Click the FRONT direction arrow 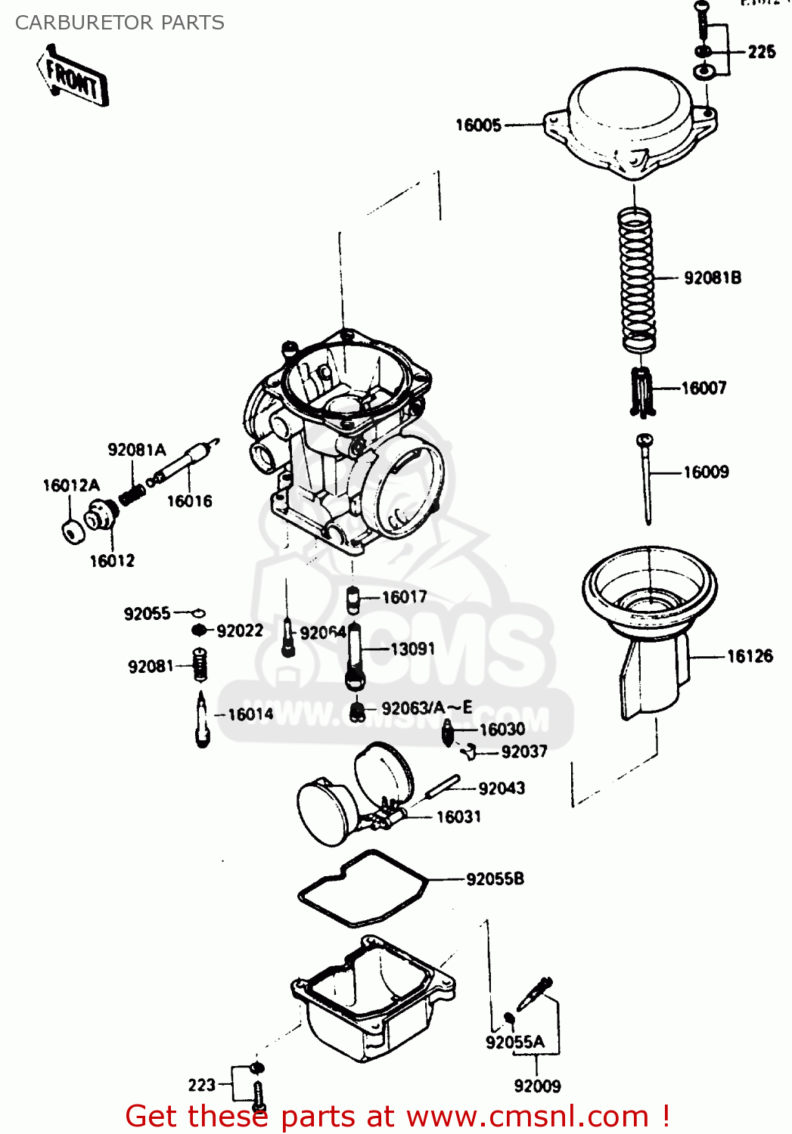tap(73, 76)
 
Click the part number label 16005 tap(478, 125)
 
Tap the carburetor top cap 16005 tap(631, 121)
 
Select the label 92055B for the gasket tap(495, 879)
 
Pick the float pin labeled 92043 tap(443, 786)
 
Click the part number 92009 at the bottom tap(537, 1086)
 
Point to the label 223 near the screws tap(202, 1086)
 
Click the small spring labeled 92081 tap(200, 666)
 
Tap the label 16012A tap(71, 485)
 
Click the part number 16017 tap(404, 597)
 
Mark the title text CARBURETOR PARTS tap(120, 23)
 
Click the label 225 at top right tap(762, 52)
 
